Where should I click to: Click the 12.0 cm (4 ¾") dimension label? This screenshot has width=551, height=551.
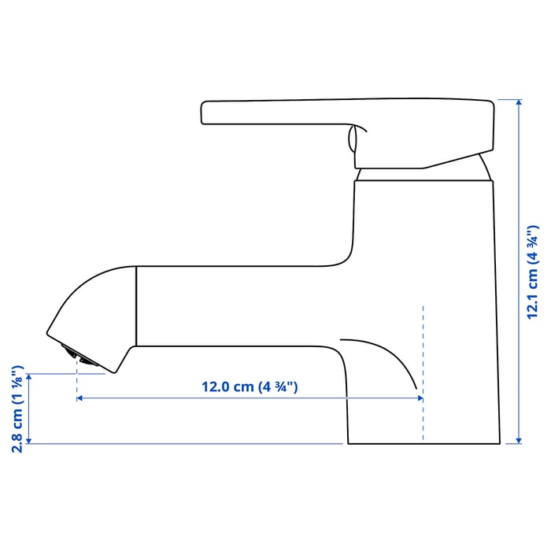250,387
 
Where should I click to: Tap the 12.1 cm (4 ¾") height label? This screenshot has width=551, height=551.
532,272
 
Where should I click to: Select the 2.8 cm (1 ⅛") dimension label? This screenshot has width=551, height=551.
17,409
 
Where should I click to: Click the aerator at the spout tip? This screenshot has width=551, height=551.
80,356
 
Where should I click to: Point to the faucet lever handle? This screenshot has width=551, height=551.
348,133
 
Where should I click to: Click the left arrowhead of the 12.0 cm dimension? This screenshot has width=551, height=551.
79,398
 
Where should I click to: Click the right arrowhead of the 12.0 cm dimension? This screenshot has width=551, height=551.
420,398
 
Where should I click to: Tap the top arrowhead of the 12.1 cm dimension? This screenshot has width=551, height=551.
519,102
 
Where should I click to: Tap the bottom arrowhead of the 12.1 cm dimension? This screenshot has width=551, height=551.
519,441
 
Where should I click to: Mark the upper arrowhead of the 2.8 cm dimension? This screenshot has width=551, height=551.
29,377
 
